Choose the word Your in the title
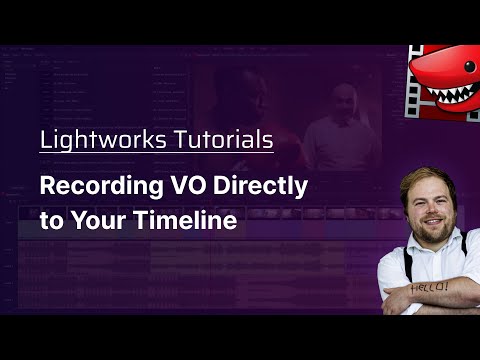click(108, 221)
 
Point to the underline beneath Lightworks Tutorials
click(156, 153)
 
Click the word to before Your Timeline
click(49, 221)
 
